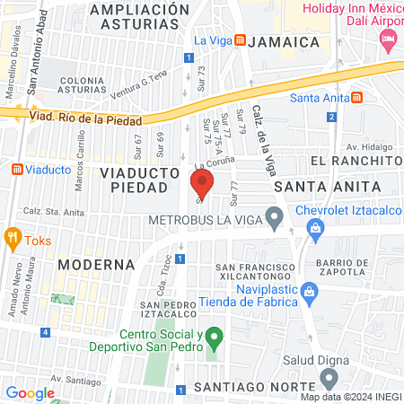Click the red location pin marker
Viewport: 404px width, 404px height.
point(202,187)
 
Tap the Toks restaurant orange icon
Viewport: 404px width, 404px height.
point(13,239)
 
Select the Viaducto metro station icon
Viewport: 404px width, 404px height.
point(16,169)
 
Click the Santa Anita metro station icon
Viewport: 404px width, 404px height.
point(357,98)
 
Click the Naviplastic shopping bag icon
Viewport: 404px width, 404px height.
point(310,293)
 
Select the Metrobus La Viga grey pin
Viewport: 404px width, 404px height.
point(276,215)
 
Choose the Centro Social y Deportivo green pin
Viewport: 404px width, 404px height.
point(213,339)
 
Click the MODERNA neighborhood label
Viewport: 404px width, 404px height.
point(96,265)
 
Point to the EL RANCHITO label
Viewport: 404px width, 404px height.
point(354,160)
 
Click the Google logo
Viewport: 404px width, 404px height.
point(31,392)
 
